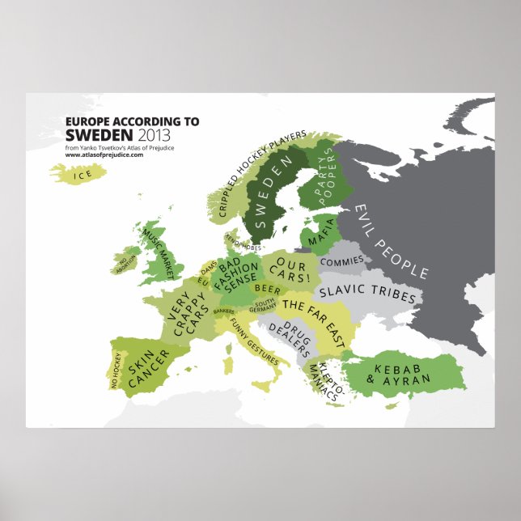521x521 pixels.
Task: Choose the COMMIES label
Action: click(341, 263)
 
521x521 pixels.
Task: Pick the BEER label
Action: click(268, 288)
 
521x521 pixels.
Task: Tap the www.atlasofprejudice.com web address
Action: click(104, 155)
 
